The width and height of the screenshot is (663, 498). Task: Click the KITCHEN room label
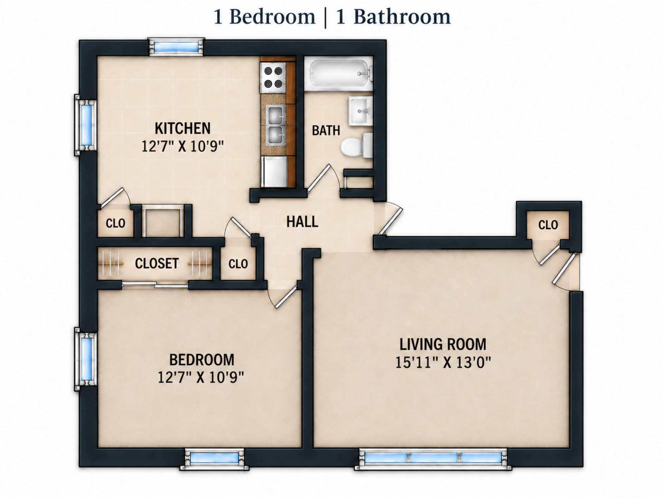click(x=183, y=128)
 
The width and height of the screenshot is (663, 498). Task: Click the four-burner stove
click(x=273, y=78)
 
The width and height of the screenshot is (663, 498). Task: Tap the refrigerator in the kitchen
click(x=275, y=172)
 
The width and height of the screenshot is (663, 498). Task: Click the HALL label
click(x=302, y=222)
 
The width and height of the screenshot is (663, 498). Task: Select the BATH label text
click(x=326, y=130)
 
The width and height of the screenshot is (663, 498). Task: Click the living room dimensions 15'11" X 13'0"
click(x=443, y=362)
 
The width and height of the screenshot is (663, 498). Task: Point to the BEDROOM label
click(x=202, y=360)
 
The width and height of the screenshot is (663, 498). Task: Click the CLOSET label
click(x=157, y=264)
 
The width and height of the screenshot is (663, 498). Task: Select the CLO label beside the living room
click(x=548, y=225)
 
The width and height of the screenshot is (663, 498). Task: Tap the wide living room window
click(x=433, y=459)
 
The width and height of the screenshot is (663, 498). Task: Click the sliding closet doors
click(x=155, y=285)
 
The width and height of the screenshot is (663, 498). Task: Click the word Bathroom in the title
click(x=402, y=17)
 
